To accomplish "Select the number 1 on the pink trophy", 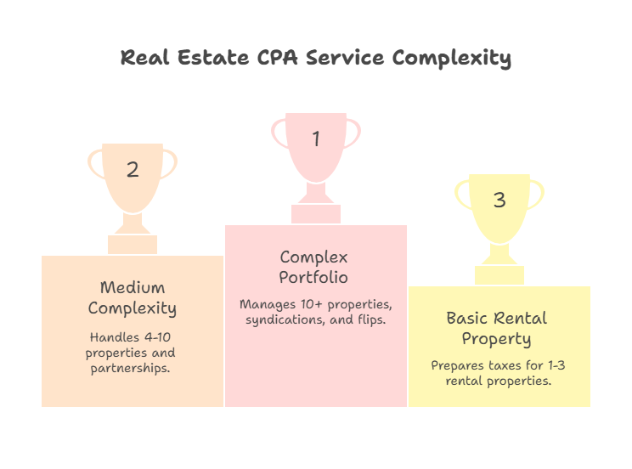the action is click(x=316, y=138).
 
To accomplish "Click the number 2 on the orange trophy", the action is click(x=133, y=169).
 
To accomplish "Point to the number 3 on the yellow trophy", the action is click(x=499, y=200).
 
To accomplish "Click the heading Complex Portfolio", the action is click(x=314, y=267).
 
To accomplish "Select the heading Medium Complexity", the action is click(x=133, y=297).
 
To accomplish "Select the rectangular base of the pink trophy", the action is click(x=316, y=214).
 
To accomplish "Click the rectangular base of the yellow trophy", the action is click(x=499, y=275).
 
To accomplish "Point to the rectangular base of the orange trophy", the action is click(x=133, y=245).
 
